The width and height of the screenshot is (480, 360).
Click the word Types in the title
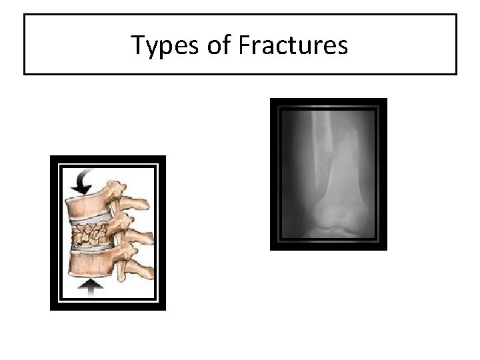tap(159, 45)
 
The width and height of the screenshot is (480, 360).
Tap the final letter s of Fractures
tap(342, 47)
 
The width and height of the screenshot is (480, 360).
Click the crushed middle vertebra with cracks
tap(94, 234)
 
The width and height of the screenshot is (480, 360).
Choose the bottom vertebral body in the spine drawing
tap(90, 266)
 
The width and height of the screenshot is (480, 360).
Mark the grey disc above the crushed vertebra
tap(93, 219)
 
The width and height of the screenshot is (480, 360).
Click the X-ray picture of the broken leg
tap(328, 174)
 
